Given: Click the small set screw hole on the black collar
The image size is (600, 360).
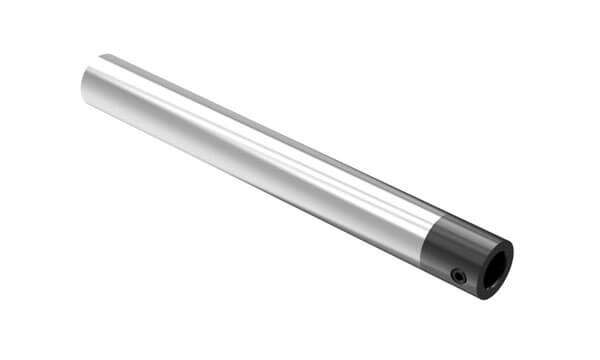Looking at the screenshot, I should tap(459, 275).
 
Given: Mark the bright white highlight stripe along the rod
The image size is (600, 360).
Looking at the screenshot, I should tap(250, 150).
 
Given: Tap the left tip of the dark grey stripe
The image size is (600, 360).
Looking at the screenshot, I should tap(106, 56).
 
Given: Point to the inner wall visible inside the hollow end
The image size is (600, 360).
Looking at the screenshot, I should tap(499, 262).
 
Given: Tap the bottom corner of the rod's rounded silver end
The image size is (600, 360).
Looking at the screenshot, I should tap(84, 101).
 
